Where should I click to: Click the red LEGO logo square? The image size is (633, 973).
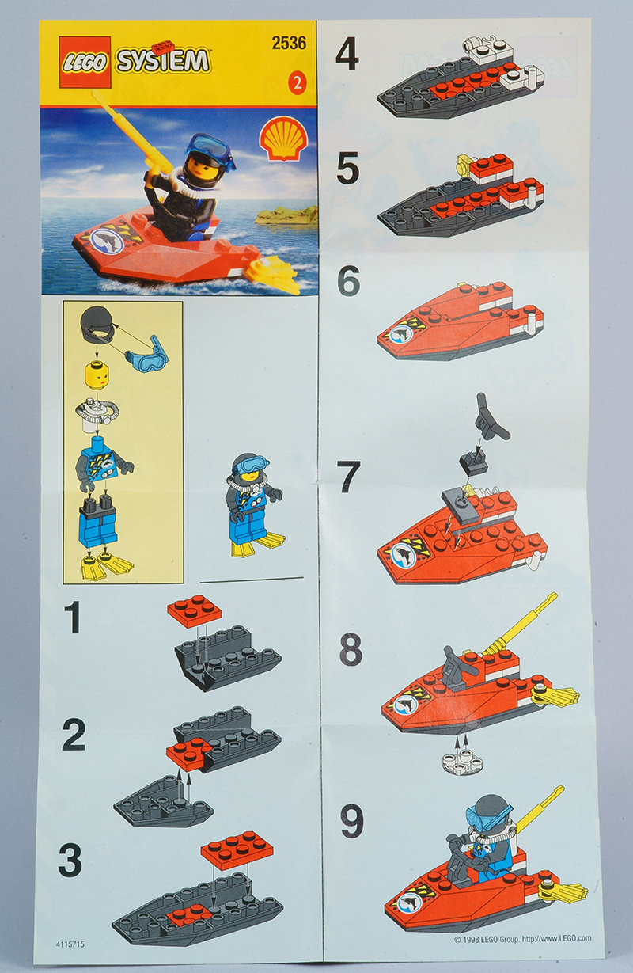[85, 63]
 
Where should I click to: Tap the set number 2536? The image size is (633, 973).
[289, 43]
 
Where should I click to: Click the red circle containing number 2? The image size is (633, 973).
[297, 83]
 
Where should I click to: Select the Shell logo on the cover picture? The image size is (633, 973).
[282, 140]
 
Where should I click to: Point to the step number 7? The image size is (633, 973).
[349, 477]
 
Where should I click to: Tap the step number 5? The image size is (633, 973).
[348, 168]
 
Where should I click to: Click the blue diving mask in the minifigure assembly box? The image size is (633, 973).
[146, 352]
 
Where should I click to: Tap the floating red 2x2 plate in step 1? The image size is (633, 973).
[194, 610]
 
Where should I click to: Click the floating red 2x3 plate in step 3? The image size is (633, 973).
[237, 850]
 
